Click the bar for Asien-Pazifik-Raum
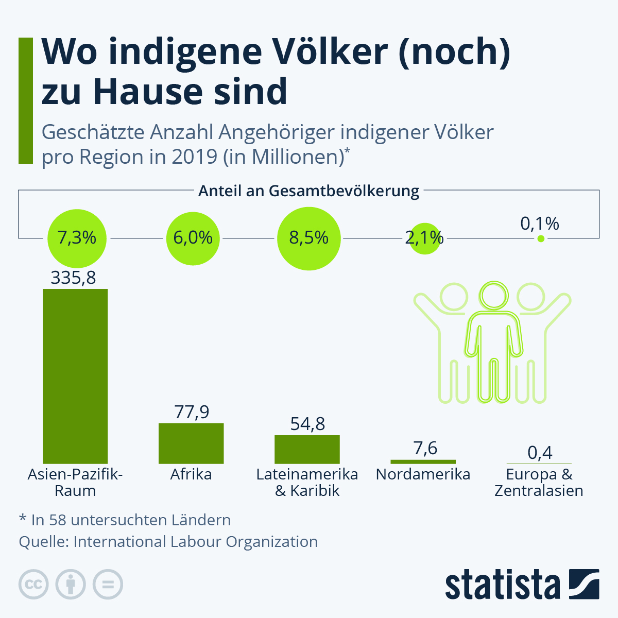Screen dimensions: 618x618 (75, 376)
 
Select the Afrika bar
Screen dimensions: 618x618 (191, 443)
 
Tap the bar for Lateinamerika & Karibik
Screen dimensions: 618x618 (307, 449)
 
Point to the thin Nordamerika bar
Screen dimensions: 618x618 (423, 461)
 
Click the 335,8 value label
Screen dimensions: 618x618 (73, 278)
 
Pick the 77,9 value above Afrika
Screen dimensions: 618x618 (192, 412)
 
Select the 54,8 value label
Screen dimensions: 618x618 (307, 424)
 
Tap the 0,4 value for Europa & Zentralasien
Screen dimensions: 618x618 (540, 453)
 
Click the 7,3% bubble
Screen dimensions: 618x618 (77, 238)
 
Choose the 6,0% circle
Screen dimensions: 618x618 (193, 238)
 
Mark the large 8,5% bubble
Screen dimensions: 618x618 (308, 238)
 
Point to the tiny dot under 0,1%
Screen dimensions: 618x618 (540, 238)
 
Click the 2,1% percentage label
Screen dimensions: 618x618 (424, 237)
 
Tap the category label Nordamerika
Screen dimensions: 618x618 (423, 474)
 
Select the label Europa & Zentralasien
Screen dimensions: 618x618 (539, 483)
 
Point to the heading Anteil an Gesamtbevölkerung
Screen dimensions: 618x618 (309, 191)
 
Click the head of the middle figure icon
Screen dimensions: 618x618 (494, 296)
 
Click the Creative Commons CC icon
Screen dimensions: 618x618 (33, 585)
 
